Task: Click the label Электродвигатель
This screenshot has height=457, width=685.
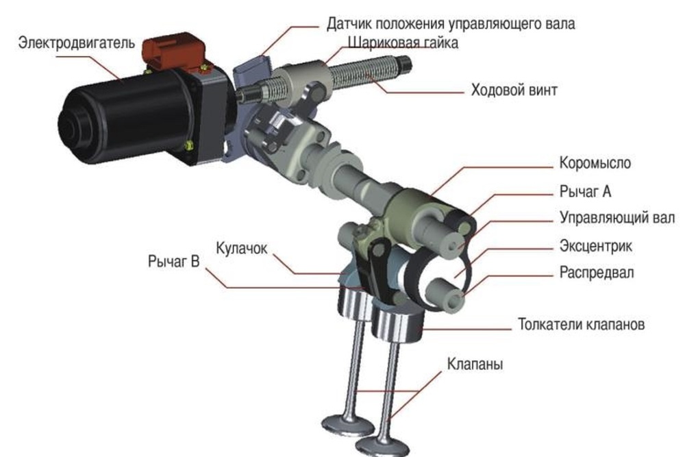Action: (77, 42)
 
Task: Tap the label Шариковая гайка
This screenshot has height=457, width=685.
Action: (403, 42)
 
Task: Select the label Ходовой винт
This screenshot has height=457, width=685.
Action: (514, 90)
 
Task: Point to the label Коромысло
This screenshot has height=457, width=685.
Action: (595, 163)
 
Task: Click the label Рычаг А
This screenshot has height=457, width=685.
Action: (586, 191)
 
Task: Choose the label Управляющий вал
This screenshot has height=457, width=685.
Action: (617, 218)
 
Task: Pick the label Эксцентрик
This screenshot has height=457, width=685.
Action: (596, 245)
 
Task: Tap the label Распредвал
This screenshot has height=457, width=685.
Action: (597, 273)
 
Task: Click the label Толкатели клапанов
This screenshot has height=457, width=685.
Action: (582, 325)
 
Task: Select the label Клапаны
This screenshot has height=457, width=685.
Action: (475, 364)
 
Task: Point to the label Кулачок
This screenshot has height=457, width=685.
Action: (242, 249)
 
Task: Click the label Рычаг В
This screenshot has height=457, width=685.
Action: (174, 261)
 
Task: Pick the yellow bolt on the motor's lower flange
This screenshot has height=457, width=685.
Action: (189, 145)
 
